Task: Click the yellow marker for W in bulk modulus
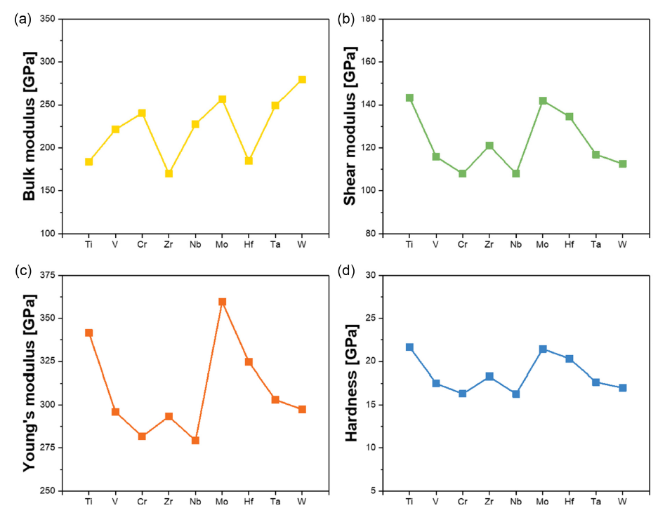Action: tap(302, 79)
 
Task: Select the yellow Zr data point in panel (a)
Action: tap(169, 173)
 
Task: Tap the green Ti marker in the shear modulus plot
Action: tap(409, 98)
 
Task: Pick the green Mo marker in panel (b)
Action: tap(543, 101)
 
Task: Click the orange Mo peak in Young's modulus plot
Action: tap(222, 302)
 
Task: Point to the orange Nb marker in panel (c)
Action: tap(195, 441)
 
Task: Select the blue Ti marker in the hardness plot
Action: tap(409, 347)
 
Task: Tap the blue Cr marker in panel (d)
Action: tap(463, 394)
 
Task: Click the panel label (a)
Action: tap(22, 19)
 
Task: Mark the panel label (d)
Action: tap(345, 272)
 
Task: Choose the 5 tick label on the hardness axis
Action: tap(371, 490)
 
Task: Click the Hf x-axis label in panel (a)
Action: tap(249, 244)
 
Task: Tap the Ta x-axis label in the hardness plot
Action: tap(595, 502)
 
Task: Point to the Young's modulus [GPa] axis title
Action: tap(29, 383)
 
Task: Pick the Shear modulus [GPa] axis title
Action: tap(350, 127)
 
